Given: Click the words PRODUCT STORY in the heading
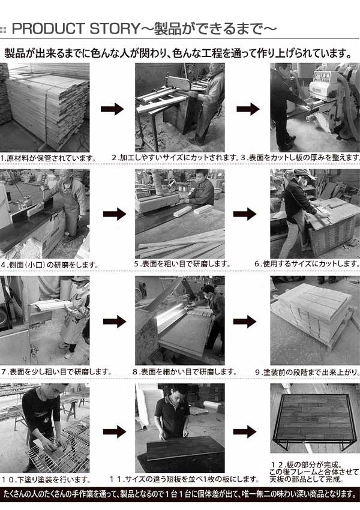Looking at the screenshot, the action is click(x=76, y=29).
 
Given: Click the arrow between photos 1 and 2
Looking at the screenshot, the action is click(x=112, y=109).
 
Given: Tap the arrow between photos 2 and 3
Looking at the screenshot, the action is click(x=248, y=109).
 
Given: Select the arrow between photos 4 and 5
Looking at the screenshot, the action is click(x=115, y=214).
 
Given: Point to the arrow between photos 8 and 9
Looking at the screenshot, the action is click(x=245, y=322).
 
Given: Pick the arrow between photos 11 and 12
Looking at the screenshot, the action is click(x=245, y=431).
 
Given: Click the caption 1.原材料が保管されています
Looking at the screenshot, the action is click(x=48, y=158).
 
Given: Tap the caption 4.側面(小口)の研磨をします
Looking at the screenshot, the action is click(x=49, y=265).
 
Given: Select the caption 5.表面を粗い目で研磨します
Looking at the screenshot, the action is click(x=182, y=264).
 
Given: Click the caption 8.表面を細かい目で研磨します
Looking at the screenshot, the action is click(x=184, y=372).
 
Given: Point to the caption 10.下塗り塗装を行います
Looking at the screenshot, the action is click(x=46, y=479).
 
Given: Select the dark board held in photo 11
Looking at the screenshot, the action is click(x=185, y=448).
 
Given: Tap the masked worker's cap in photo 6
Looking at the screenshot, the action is click(x=304, y=173).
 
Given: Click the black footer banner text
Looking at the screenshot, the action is click(x=180, y=494).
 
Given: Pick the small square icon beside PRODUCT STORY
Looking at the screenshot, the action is click(x=3, y=30).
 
